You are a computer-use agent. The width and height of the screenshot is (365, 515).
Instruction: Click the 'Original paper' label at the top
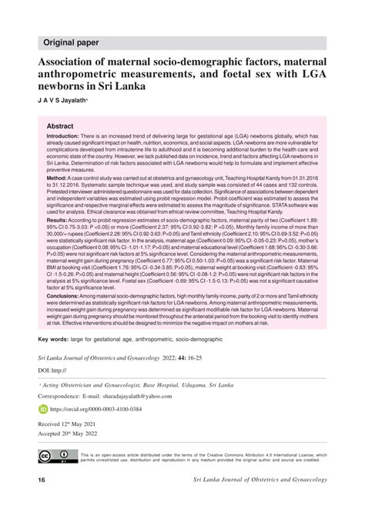[65, 42]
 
